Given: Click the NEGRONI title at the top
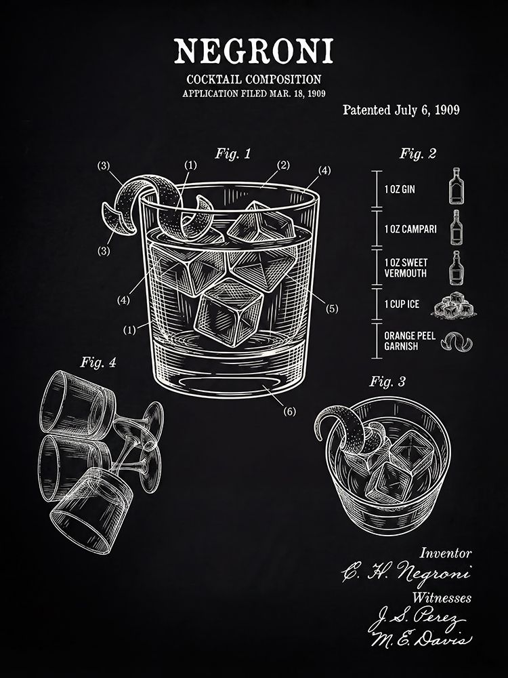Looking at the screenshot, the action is [x=253, y=52].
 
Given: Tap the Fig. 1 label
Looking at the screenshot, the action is [x=233, y=154].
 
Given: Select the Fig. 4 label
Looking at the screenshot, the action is [x=98, y=362].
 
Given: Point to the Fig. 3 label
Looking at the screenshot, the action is [x=387, y=382].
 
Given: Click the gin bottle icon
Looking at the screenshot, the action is [x=455, y=186].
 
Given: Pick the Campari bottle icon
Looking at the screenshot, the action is [x=456, y=228].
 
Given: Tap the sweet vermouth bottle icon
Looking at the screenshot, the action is [x=456, y=268].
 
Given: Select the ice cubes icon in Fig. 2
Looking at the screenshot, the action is [x=454, y=304].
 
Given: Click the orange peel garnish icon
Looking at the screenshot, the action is [x=457, y=342].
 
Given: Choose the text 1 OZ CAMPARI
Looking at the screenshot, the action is [x=410, y=229].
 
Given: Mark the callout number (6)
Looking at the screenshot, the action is [x=289, y=412].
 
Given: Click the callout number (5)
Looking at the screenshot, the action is [x=332, y=308].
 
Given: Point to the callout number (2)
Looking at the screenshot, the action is [x=283, y=165].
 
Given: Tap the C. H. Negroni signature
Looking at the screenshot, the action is [x=406, y=572].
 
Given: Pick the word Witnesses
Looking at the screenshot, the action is [x=442, y=598].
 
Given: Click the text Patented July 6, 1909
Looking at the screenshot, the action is [x=401, y=110].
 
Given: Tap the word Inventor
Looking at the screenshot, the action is [x=446, y=553].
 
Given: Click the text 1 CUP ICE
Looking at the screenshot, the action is [x=402, y=304].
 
